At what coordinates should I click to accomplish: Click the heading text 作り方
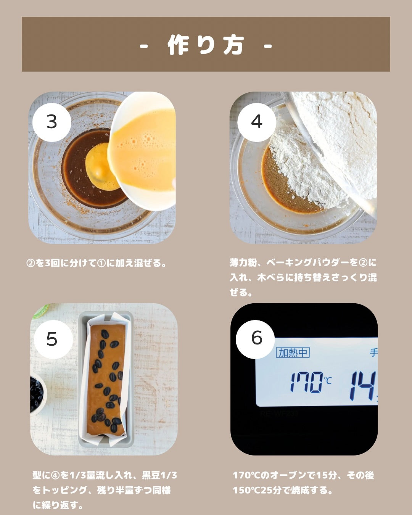tap(206, 45)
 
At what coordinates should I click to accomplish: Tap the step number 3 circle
tap(52, 122)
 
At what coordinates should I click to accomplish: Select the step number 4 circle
tap(257, 122)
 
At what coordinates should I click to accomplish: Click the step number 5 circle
tap(53, 339)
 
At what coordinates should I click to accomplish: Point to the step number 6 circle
tap(255, 339)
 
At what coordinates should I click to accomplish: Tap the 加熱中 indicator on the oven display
tap(293, 352)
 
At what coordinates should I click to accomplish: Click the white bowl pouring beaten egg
tap(142, 151)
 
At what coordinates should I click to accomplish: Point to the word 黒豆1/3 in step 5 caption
tap(159, 475)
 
